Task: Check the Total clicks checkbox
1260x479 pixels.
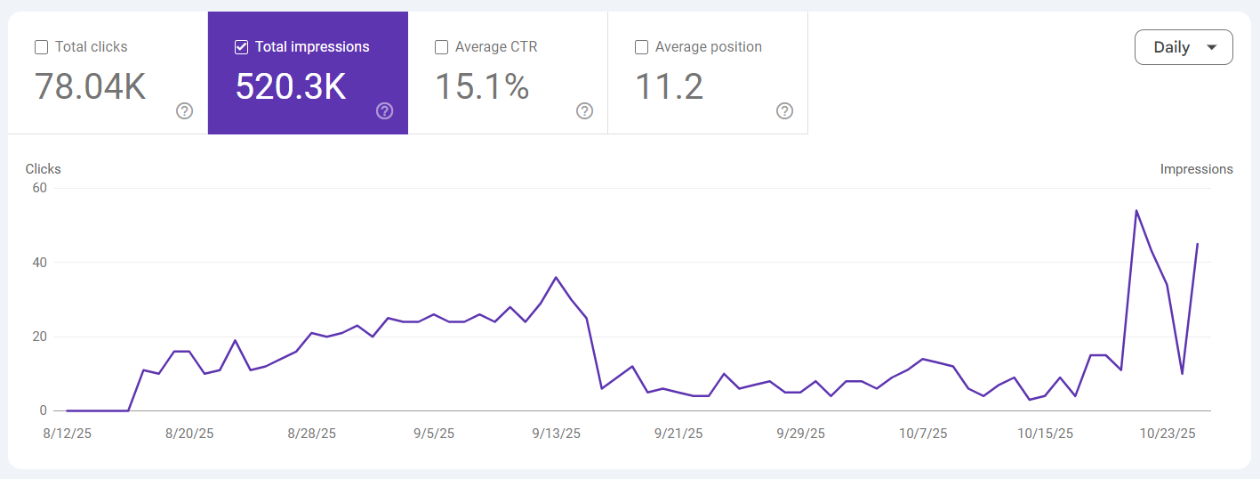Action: click(x=41, y=47)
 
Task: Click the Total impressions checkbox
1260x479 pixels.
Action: click(x=241, y=47)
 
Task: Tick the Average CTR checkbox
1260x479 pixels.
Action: click(x=441, y=47)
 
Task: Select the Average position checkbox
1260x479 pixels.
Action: click(x=641, y=47)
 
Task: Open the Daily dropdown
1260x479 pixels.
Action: click(x=1184, y=47)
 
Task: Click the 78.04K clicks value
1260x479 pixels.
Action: click(x=90, y=86)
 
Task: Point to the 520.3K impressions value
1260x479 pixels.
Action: click(x=291, y=86)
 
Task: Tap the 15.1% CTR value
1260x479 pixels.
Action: click(x=482, y=86)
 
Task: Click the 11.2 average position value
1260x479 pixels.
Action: click(x=669, y=86)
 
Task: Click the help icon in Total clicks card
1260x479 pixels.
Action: click(x=185, y=111)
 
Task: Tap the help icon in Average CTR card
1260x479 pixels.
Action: click(x=585, y=111)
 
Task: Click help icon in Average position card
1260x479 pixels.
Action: click(x=785, y=111)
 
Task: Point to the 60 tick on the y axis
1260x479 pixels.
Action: click(x=38, y=188)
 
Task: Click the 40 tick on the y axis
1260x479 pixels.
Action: click(x=38, y=263)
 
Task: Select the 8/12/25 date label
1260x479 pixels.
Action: click(x=68, y=434)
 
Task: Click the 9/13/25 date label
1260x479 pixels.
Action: click(x=557, y=434)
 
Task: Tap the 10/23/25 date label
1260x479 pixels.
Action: click(x=1168, y=434)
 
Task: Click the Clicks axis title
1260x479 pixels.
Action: click(x=44, y=169)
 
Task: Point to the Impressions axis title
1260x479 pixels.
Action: click(x=1196, y=169)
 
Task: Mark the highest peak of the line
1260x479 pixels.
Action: click(x=1136, y=211)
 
